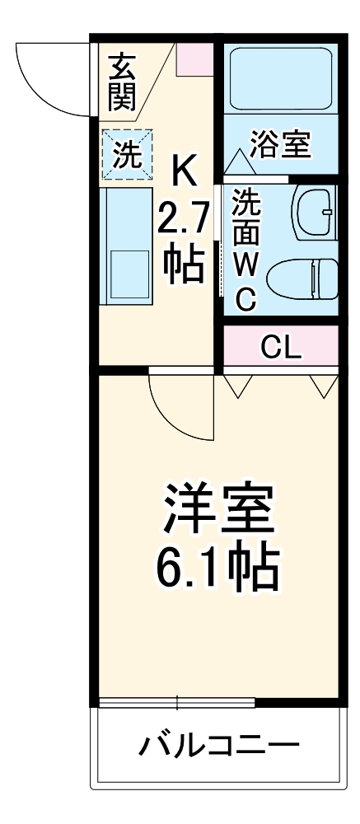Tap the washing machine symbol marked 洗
(126, 155)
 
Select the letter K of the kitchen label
(184, 173)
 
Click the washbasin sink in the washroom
(315, 213)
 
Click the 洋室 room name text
(217, 512)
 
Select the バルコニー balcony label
(217, 747)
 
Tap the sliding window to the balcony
(177, 703)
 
